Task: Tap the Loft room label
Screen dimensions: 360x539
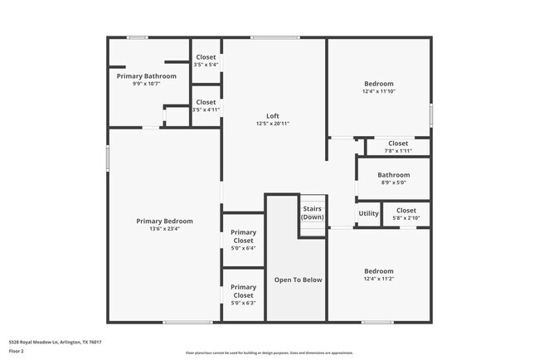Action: tap(272, 115)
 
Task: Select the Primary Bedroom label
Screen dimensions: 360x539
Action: tap(164, 221)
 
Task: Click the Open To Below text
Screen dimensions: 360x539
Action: tap(298, 280)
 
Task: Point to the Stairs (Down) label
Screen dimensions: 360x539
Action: tap(313, 212)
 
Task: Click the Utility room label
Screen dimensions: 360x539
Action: tap(368, 213)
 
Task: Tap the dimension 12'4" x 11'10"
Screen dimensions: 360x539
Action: tap(379, 91)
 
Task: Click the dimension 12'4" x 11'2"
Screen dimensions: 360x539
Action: tap(379, 279)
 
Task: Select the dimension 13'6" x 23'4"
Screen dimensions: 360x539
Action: tap(164, 229)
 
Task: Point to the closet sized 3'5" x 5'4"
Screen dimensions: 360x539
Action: tap(206, 65)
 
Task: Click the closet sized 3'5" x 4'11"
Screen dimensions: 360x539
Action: tap(206, 109)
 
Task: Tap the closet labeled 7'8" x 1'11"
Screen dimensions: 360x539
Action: tap(398, 150)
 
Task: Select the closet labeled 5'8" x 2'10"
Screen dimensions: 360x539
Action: tap(405, 218)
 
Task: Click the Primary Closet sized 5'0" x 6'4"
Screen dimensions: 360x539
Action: tap(243, 247)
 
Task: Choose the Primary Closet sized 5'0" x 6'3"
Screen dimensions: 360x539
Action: tap(243, 303)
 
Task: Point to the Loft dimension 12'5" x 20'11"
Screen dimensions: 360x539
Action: tap(272, 124)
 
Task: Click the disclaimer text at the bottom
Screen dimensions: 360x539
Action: tap(269, 353)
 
